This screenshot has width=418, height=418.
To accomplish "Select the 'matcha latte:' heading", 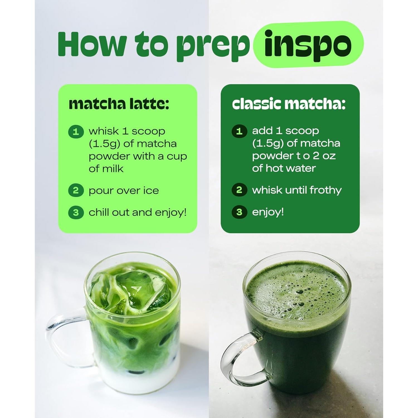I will coord(119,104).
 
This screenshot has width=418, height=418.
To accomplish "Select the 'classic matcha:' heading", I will coord(289,104).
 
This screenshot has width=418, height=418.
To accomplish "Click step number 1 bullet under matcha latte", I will coord(76,132).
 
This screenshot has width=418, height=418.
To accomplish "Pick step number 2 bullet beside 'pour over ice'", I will coord(76,191).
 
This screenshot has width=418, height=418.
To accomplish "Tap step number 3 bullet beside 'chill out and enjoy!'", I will coord(76,213).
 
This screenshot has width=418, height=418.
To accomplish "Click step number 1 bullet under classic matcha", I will coord(239,131).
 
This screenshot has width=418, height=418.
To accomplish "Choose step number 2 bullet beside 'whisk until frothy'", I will coord(239,190).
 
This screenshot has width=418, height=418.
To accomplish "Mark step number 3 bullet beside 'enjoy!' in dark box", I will coord(239,212).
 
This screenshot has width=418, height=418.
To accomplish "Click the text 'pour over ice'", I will coord(124,191).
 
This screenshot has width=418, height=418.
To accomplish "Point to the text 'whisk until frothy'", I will coord(297,190).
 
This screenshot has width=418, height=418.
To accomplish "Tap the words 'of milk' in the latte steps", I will coord(106,169).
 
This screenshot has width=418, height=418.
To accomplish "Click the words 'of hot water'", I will coord(284,168).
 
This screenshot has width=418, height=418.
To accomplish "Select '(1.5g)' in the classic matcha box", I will coord(268,143).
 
